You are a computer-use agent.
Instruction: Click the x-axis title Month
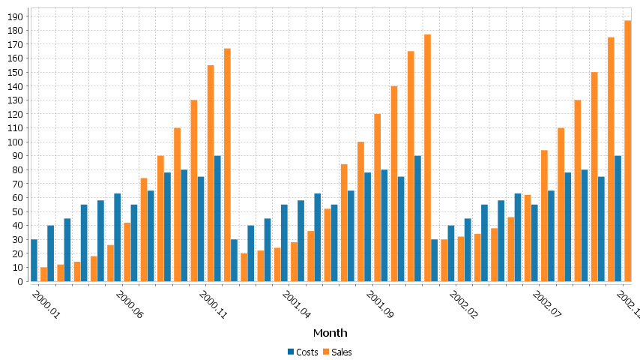tap(330, 332)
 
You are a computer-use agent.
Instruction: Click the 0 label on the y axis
tap(22, 282)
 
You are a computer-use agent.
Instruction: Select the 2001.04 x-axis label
tap(296, 305)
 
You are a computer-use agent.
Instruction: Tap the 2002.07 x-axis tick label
tap(546, 305)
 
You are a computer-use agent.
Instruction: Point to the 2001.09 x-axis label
tap(379, 305)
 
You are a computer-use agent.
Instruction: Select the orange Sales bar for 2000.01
tap(43, 274)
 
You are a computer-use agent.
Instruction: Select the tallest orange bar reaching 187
tap(628, 151)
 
